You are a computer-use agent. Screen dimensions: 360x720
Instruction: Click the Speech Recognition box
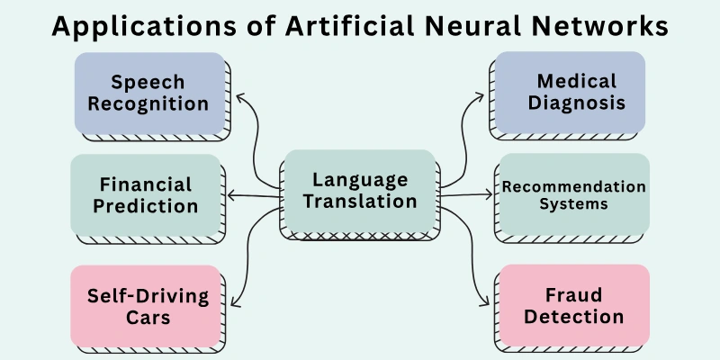[x=148, y=93]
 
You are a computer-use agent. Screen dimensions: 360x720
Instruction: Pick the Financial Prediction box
[x=146, y=194]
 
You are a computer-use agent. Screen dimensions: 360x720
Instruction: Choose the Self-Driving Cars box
[x=146, y=306]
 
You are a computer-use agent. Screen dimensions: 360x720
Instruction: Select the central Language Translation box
[x=360, y=191]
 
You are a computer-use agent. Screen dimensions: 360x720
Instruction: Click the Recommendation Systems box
[x=572, y=194]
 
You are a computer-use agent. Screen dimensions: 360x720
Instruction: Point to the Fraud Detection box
[x=572, y=306]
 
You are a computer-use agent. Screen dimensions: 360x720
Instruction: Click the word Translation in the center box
[x=360, y=202]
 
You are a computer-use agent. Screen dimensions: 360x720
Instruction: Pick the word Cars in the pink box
[x=148, y=317]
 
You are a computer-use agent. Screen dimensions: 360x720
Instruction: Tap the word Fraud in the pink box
[x=572, y=295]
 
